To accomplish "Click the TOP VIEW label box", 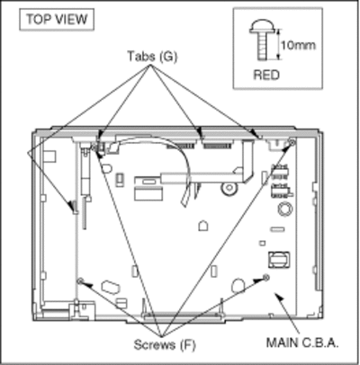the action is click(57, 20).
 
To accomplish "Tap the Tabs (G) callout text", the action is click(152, 57).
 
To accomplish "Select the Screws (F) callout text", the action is click(165, 344).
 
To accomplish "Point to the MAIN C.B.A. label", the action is click(302, 343).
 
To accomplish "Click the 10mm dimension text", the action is click(298, 45).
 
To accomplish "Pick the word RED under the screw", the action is click(266, 75).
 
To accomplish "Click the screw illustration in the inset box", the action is click(262, 40).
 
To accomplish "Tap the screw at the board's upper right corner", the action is click(291, 142).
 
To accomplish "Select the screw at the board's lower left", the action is click(80, 281).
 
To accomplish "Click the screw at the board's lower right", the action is click(265, 278).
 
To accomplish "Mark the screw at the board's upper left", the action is click(94, 147).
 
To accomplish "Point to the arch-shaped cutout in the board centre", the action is click(203, 226).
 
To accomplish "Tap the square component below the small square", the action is click(279, 260).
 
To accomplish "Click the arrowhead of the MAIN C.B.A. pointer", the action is click(278, 297).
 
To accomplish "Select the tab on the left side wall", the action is click(75, 207).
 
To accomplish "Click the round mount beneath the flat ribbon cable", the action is click(229, 188).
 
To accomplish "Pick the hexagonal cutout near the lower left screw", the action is click(111, 287).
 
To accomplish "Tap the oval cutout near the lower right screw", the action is click(238, 286).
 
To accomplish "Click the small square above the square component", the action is click(262, 243).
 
